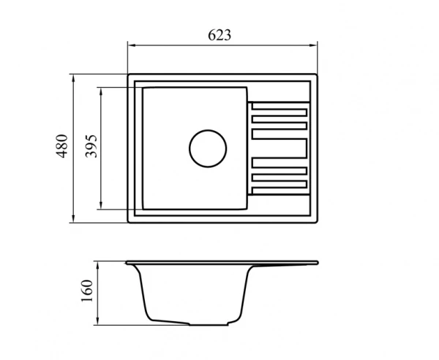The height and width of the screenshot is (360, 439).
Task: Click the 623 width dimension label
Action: point(219,35)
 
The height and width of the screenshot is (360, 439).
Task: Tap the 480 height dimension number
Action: point(62,146)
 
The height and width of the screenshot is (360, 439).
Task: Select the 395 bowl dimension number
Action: point(91,146)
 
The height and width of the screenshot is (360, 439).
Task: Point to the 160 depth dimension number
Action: point(87,290)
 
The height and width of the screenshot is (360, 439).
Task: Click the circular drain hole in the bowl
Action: point(208,149)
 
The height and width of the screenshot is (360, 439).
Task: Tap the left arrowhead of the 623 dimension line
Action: point(132,45)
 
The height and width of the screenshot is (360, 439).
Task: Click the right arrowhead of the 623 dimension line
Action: point(313,45)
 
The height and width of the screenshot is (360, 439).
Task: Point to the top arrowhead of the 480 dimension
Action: point(73,79)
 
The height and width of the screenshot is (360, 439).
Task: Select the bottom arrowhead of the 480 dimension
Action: point(73,219)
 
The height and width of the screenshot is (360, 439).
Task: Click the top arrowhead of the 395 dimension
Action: point(101,91)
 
